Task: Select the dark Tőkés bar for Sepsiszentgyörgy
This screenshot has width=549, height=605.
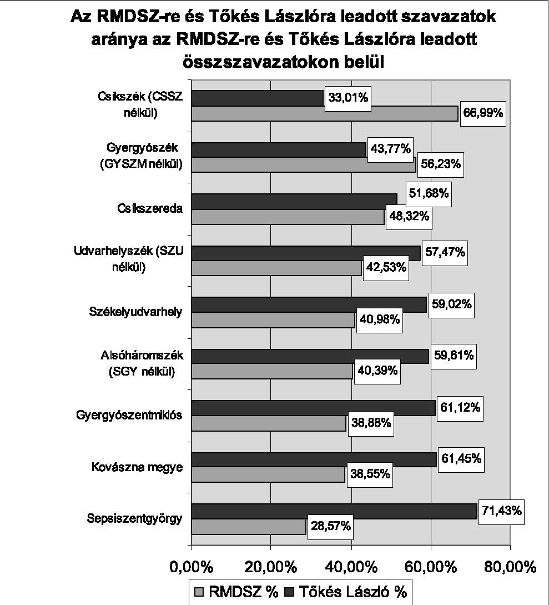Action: [x=334, y=511]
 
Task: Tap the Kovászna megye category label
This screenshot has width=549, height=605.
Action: [x=137, y=467]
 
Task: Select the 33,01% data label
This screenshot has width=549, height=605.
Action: [x=347, y=98]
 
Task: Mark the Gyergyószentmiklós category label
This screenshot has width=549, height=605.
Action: [x=129, y=415]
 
